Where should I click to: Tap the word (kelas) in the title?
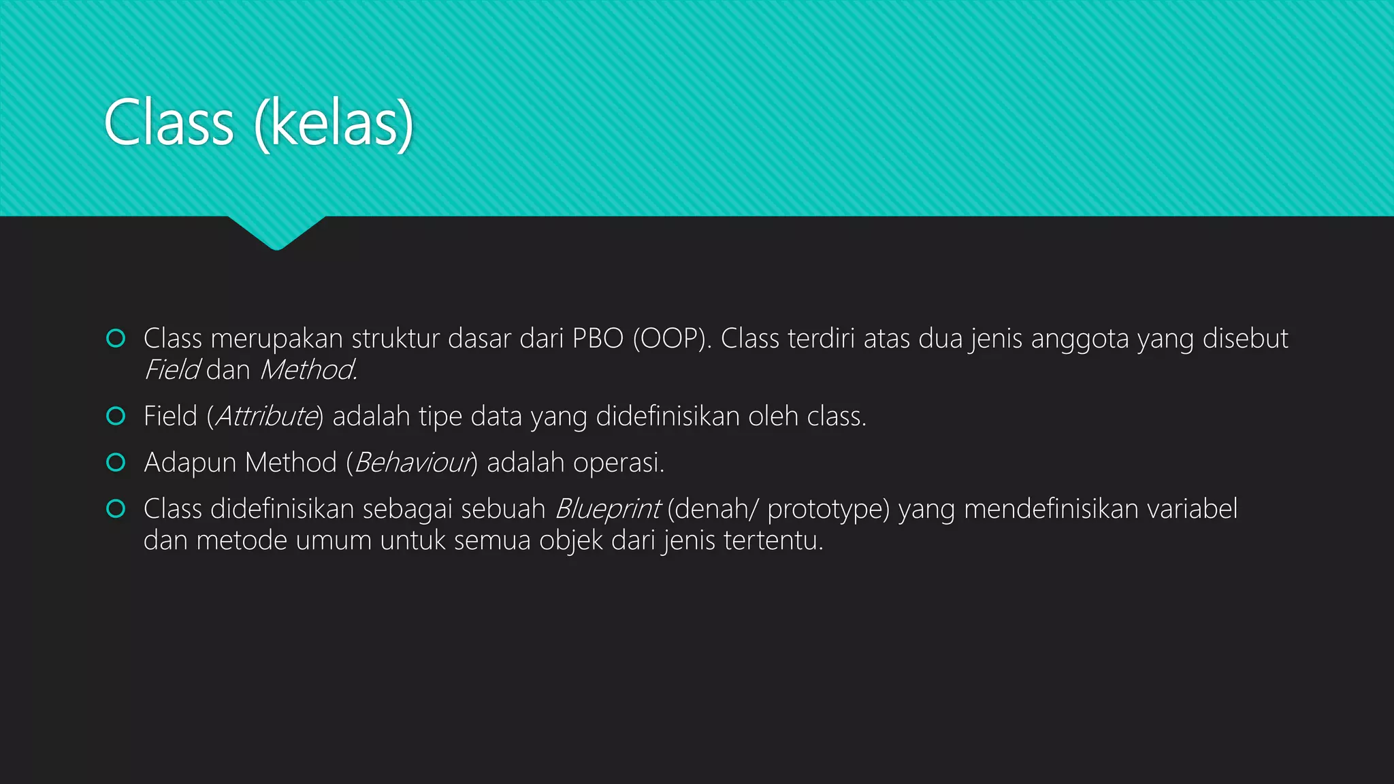click(334, 123)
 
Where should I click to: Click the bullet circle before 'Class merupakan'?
click(116, 338)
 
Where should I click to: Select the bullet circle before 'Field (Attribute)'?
click(116, 416)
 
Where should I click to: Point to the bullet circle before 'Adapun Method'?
click(116, 462)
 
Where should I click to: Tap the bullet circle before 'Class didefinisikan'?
click(116, 508)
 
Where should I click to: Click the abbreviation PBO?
click(598, 339)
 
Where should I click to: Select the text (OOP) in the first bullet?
click(671, 339)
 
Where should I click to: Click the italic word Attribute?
click(266, 416)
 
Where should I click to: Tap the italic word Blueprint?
click(607, 509)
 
